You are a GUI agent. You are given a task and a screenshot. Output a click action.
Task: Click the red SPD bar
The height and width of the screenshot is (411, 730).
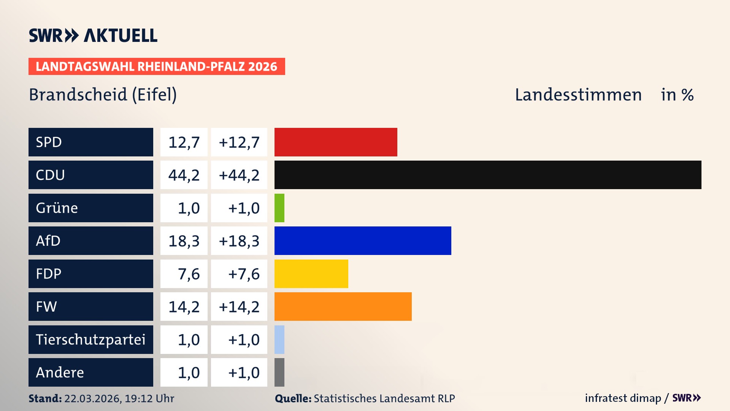pyautogui.click(x=336, y=142)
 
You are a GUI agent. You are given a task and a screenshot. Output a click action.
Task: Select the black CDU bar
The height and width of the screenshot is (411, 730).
pyautogui.click(x=488, y=175)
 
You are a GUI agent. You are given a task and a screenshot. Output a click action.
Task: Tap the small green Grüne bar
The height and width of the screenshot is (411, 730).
pyautogui.click(x=279, y=208)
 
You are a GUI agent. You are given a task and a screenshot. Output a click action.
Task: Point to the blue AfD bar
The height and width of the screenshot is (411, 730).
pyautogui.click(x=363, y=241)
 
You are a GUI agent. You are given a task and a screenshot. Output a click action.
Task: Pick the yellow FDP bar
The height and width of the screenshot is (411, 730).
pyautogui.click(x=311, y=274)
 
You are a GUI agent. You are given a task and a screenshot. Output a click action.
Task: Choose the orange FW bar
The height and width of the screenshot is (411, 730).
pyautogui.click(x=343, y=306)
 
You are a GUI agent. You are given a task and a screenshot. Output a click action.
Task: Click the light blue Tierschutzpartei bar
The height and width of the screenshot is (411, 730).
pyautogui.click(x=279, y=339)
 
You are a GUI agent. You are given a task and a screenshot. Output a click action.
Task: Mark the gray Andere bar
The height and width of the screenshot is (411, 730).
pyautogui.click(x=279, y=372)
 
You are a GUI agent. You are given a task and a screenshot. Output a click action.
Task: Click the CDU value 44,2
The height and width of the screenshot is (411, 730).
pyautogui.click(x=184, y=175)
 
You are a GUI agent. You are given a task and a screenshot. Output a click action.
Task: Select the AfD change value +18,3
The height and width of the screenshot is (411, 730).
pyautogui.click(x=239, y=241)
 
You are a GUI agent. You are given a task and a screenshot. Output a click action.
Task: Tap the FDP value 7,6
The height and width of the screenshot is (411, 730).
pyautogui.click(x=189, y=274)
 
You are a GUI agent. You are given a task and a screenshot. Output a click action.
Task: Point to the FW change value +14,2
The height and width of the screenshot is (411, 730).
pyautogui.click(x=239, y=307)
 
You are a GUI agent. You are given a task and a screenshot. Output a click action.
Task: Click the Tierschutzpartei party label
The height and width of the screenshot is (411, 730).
pyautogui.click(x=90, y=339)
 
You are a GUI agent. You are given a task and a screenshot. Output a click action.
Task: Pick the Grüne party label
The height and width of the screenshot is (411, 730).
pyautogui.click(x=57, y=208)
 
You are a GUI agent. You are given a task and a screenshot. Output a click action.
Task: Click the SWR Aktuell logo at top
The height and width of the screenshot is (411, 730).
pyautogui.click(x=93, y=35)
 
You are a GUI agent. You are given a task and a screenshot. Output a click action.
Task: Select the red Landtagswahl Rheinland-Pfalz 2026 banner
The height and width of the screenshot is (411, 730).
pyautogui.click(x=157, y=66)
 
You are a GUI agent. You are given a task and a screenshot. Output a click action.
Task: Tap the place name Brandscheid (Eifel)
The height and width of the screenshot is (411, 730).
pyautogui.click(x=103, y=94)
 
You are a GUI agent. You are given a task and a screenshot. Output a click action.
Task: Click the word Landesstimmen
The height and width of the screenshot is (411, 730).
pyautogui.click(x=578, y=94)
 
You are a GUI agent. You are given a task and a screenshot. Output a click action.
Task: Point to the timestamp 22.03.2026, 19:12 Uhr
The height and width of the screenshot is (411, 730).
pyautogui.click(x=119, y=398)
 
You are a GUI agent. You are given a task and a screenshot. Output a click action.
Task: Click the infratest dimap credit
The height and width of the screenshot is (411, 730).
pyautogui.click(x=623, y=398)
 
